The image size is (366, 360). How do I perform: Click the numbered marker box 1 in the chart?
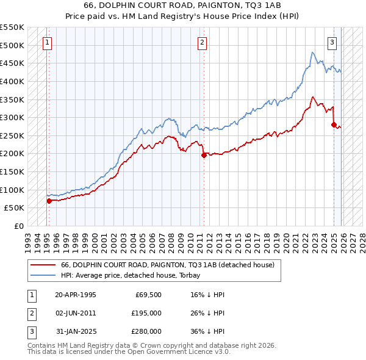pyautogui.click(x=47, y=43)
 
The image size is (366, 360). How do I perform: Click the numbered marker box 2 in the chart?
pyautogui.click(x=202, y=43)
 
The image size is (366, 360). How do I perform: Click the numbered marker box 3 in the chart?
pyautogui.click(x=332, y=43)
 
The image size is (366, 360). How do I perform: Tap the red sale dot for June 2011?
pyautogui.click(x=204, y=155)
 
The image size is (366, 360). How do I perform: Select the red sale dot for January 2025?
pyautogui.click(x=334, y=124)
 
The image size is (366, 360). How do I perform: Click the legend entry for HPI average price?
pyautogui.click(x=122, y=275)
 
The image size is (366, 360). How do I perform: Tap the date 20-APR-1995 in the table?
pyautogui.click(x=75, y=294)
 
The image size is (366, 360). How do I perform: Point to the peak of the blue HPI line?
pyautogui.click(x=312, y=52)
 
